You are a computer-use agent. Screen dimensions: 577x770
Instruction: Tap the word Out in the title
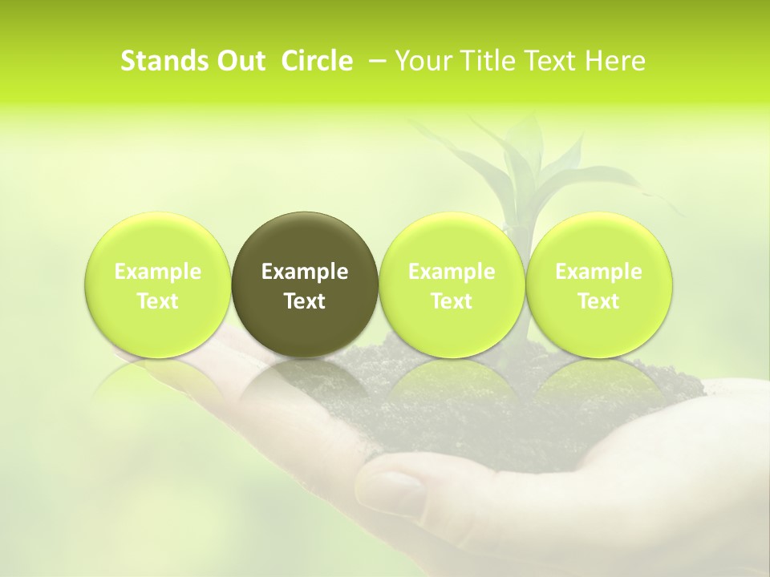point(241,61)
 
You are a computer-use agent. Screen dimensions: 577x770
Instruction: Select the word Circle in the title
point(317,61)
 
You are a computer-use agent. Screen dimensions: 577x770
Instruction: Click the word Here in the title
point(615,61)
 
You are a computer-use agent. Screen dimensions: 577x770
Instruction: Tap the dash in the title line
point(375,61)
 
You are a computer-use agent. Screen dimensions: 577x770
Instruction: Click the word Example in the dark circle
point(305,272)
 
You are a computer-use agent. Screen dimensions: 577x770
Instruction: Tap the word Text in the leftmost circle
point(158,301)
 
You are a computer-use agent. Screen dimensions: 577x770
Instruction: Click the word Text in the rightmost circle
point(599,301)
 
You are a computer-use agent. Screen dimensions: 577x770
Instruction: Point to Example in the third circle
point(452,272)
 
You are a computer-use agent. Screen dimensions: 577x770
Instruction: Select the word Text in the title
point(553,61)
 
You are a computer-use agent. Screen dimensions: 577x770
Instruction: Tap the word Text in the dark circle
point(305,301)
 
